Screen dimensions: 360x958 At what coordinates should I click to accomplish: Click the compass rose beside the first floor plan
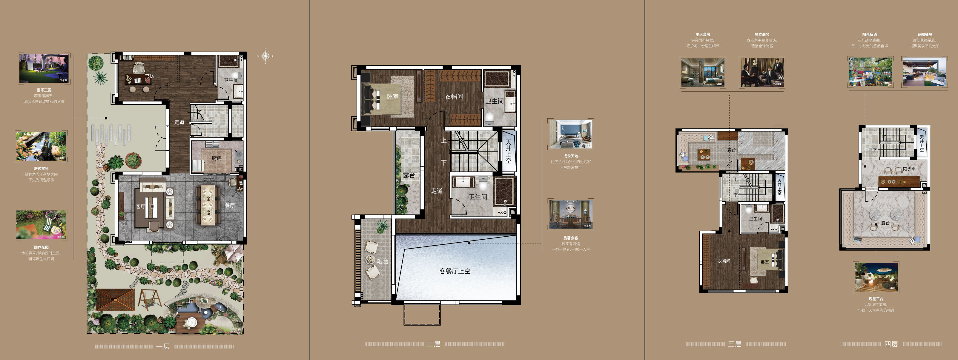265,56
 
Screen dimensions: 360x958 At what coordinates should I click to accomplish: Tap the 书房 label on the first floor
150,76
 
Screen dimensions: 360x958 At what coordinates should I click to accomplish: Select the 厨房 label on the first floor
217,158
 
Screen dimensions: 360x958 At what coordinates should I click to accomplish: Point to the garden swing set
150,300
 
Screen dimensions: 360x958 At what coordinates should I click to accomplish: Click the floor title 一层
163,347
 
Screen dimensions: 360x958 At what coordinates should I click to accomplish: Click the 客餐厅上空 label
455,271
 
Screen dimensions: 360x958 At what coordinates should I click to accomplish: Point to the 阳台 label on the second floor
382,261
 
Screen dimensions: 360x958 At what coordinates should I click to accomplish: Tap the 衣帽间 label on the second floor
454,97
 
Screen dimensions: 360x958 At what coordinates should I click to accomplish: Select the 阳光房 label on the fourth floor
909,169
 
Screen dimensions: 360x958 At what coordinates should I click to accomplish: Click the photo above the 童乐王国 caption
44,68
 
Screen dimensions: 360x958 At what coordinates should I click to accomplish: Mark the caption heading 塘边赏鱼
41,168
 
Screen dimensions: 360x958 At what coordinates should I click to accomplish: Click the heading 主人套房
703,35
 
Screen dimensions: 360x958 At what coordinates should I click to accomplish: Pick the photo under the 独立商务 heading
762,73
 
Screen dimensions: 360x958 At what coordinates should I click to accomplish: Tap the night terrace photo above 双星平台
876,277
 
